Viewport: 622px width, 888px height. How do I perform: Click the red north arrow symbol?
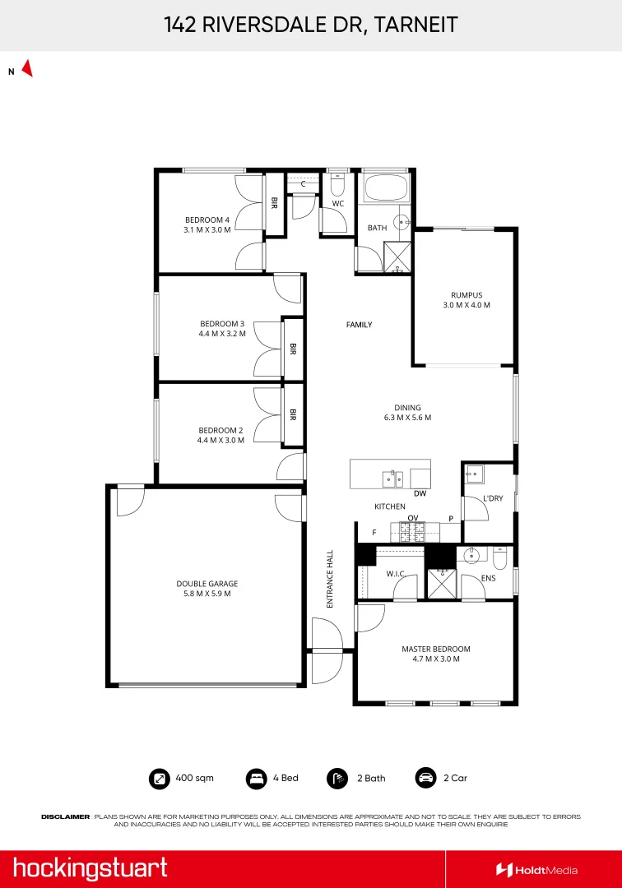(x=27, y=69)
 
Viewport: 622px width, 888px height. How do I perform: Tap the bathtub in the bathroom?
(x=385, y=191)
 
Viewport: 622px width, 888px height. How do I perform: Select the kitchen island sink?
(x=392, y=479)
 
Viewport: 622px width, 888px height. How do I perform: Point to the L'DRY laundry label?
(x=493, y=498)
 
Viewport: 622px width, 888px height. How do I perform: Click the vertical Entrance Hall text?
(x=330, y=579)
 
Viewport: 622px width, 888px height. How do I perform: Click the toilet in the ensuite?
(x=500, y=558)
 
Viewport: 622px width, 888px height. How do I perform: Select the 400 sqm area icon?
(x=158, y=778)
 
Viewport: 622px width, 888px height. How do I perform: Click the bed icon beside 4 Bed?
(x=257, y=778)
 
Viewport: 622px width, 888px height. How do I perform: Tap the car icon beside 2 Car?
(x=425, y=778)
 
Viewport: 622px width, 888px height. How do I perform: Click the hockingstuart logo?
(x=90, y=868)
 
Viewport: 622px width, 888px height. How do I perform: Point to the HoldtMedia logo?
(x=536, y=870)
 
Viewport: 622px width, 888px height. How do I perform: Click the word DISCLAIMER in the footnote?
(x=65, y=816)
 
